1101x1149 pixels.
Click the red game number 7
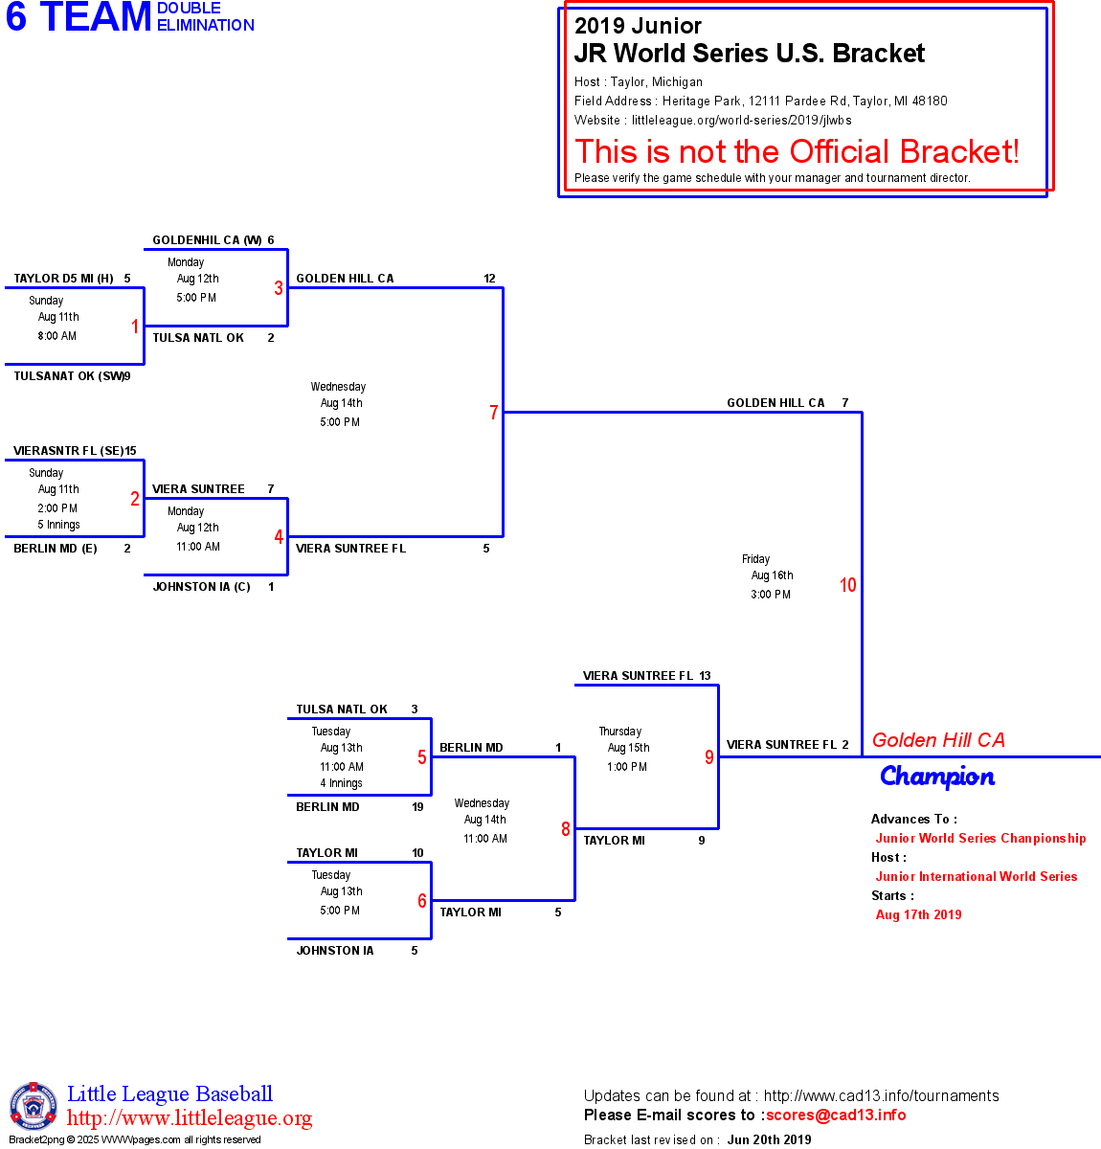click(x=494, y=413)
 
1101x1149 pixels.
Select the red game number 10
click(x=848, y=585)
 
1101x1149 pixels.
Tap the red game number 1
click(x=135, y=327)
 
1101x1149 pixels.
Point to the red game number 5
click(x=422, y=757)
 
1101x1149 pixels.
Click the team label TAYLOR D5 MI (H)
click(x=63, y=279)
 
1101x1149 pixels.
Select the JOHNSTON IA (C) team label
click(x=201, y=587)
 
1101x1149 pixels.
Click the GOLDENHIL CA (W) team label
click(x=207, y=240)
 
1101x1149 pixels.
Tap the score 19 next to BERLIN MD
click(x=417, y=807)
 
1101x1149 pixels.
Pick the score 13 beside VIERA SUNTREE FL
click(x=705, y=676)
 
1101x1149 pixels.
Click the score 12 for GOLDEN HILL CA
click(x=489, y=279)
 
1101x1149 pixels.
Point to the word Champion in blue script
click(x=937, y=777)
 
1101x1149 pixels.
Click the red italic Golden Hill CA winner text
click(x=938, y=740)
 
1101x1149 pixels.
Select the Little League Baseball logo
click(x=34, y=1107)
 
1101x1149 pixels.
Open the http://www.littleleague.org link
click(x=190, y=1118)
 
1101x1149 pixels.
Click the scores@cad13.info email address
click(x=836, y=1115)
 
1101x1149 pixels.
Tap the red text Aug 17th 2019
click(x=918, y=914)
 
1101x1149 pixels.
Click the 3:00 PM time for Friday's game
click(x=771, y=595)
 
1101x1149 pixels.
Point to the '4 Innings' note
click(x=341, y=783)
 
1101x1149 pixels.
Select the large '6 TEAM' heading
click(x=79, y=17)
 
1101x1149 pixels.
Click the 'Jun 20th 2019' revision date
click(x=769, y=1139)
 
